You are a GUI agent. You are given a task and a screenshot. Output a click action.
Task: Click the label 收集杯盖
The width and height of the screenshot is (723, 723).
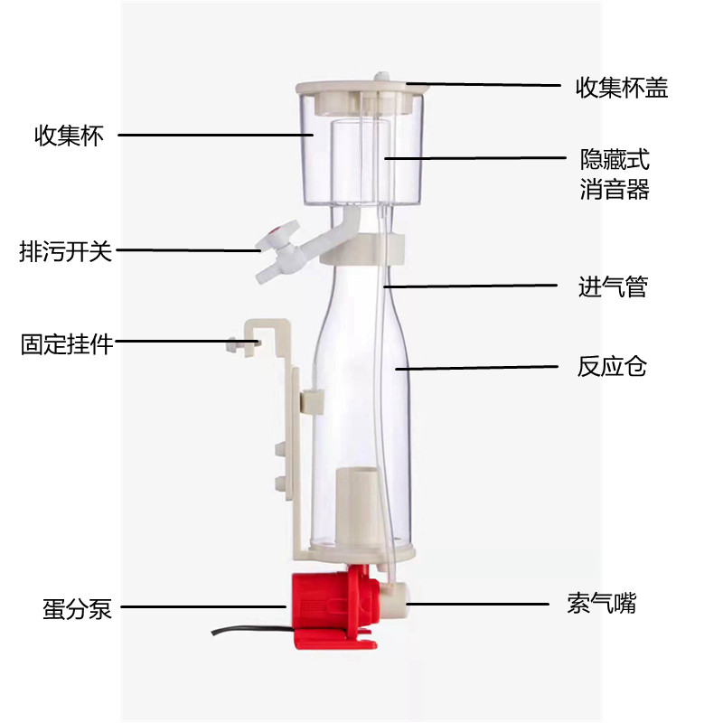click(622, 88)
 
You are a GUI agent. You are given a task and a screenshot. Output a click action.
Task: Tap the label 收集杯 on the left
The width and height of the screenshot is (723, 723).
click(70, 136)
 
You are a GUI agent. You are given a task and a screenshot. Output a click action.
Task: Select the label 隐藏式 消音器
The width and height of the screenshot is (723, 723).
click(615, 175)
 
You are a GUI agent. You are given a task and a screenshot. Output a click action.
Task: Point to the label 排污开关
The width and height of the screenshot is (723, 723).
click(66, 251)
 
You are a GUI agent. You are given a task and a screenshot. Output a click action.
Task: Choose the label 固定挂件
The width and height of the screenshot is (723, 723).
click(67, 344)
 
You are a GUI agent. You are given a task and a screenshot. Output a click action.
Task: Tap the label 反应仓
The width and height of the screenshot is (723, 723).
click(612, 368)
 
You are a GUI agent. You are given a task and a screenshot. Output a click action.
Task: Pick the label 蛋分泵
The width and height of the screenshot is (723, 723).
click(77, 608)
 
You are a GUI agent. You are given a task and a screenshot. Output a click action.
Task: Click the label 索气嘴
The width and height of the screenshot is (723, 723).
click(602, 603)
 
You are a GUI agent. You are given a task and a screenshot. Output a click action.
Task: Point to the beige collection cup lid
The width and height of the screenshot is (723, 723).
click(361, 89)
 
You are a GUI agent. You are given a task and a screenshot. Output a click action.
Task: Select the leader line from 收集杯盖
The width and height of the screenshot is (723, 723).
click(488, 86)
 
